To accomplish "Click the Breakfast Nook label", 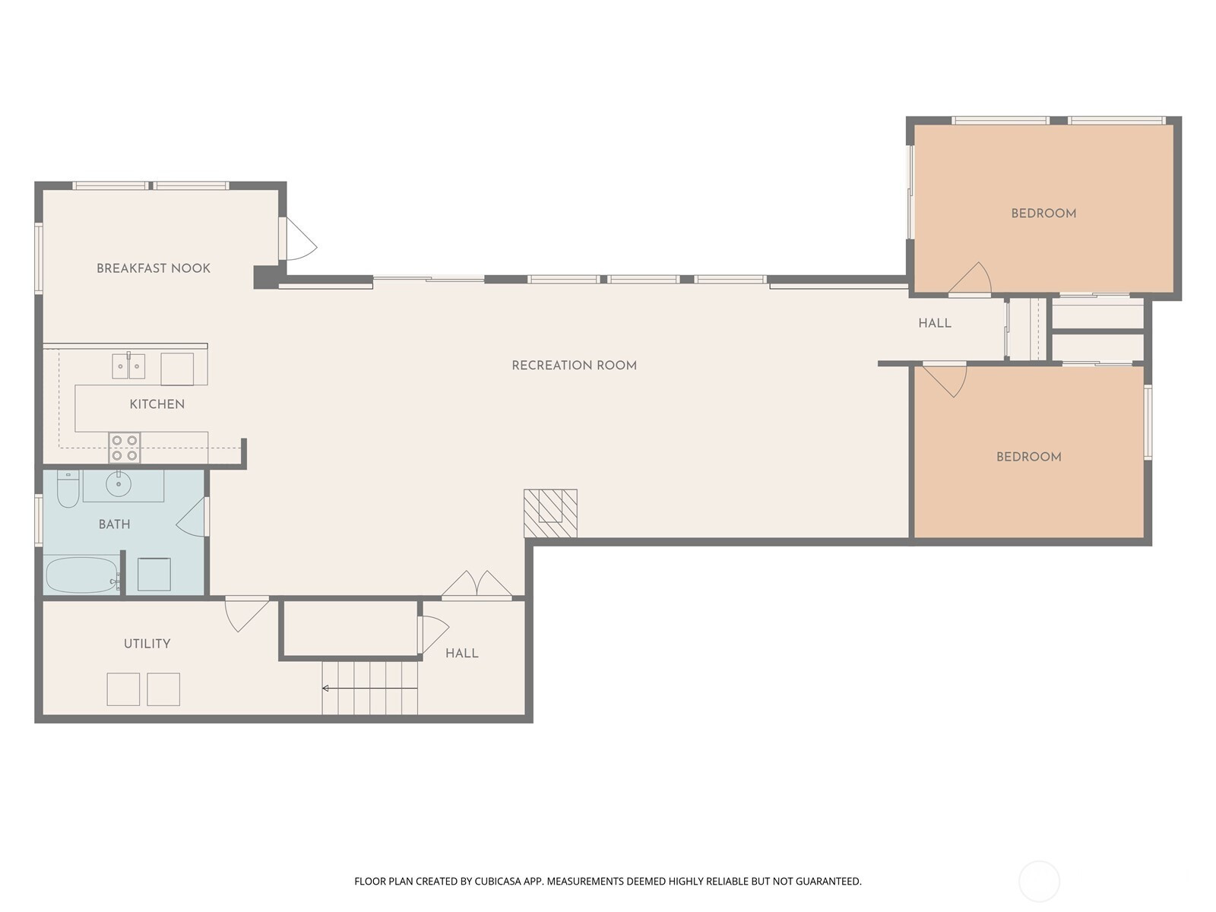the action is pyautogui.click(x=154, y=268).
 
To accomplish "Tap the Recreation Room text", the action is pyautogui.click(x=574, y=366).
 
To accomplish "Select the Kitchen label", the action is pyautogui.click(x=157, y=404).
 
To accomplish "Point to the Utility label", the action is pyautogui.click(x=147, y=644).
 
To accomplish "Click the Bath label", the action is pyautogui.click(x=115, y=524).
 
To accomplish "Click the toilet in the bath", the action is pyautogui.click(x=68, y=489).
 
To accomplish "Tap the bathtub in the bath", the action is pyautogui.click(x=81, y=575).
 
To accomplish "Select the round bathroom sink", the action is pyautogui.click(x=118, y=484).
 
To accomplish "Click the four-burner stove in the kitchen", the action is pyautogui.click(x=125, y=448).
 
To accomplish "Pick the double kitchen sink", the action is pyautogui.click(x=128, y=366).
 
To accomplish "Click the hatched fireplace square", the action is pyautogui.click(x=550, y=513).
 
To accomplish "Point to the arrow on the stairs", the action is pyautogui.click(x=369, y=689).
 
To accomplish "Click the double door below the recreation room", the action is pyautogui.click(x=477, y=584).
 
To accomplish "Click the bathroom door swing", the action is pyautogui.click(x=191, y=517).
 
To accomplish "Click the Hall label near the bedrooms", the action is pyautogui.click(x=935, y=324).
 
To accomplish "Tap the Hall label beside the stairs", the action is pyautogui.click(x=462, y=654).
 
